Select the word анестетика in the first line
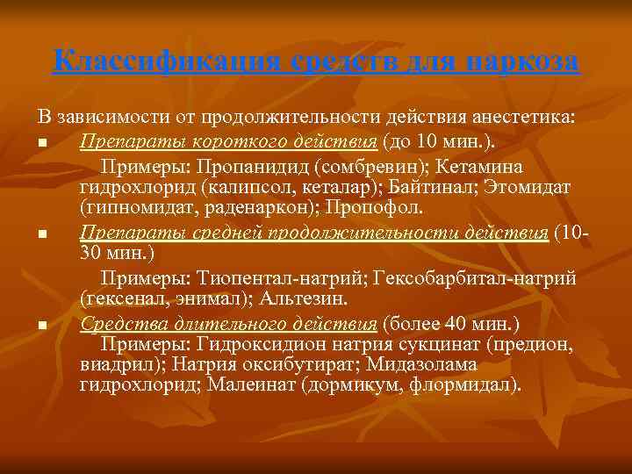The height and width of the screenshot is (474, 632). click(x=527, y=116)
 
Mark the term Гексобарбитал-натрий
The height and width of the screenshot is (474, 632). click(x=475, y=279)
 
